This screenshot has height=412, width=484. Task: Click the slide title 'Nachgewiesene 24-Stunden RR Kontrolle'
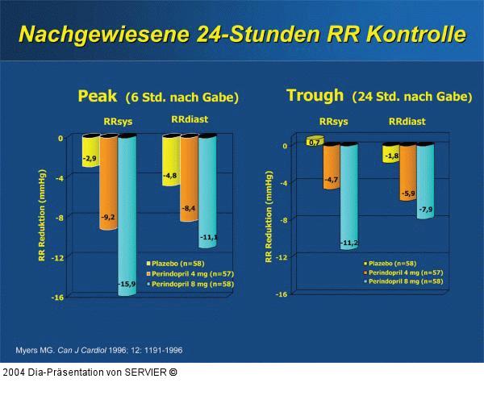(242, 35)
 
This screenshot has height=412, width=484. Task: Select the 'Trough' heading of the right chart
(315, 95)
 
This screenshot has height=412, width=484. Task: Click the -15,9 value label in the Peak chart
(127, 284)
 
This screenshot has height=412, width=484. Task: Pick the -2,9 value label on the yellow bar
(90, 159)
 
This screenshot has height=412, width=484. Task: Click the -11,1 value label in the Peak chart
(208, 237)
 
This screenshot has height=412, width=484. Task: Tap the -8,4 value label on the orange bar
(190, 209)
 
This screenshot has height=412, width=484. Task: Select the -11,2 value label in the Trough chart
(348, 242)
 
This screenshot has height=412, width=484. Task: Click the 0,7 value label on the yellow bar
(315, 142)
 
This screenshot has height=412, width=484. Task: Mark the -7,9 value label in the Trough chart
(425, 210)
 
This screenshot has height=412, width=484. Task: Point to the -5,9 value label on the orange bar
(407, 194)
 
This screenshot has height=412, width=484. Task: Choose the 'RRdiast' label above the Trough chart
(407, 122)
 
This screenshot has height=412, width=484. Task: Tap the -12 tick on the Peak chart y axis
(58, 257)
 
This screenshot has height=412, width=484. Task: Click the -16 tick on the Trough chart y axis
(282, 294)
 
